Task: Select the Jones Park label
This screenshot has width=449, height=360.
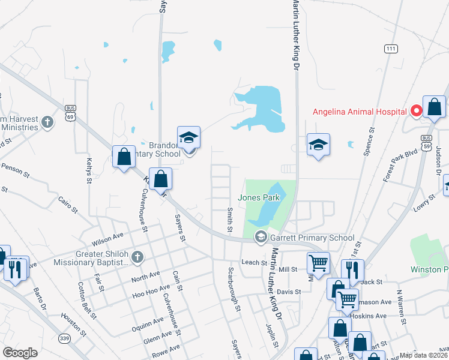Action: (258, 197)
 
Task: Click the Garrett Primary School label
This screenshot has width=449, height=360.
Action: (312, 238)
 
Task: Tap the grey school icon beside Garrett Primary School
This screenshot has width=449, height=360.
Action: (261, 238)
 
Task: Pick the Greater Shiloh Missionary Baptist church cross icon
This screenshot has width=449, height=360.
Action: (137, 258)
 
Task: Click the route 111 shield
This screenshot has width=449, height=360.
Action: (391, 49)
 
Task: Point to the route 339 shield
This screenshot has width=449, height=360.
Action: (63, 338)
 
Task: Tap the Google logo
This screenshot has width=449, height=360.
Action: (20, 353)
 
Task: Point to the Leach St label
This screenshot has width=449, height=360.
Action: (253, 262)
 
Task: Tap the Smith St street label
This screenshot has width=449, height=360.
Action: (229, 220)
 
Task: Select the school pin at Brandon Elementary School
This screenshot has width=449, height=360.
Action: (188, 138)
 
